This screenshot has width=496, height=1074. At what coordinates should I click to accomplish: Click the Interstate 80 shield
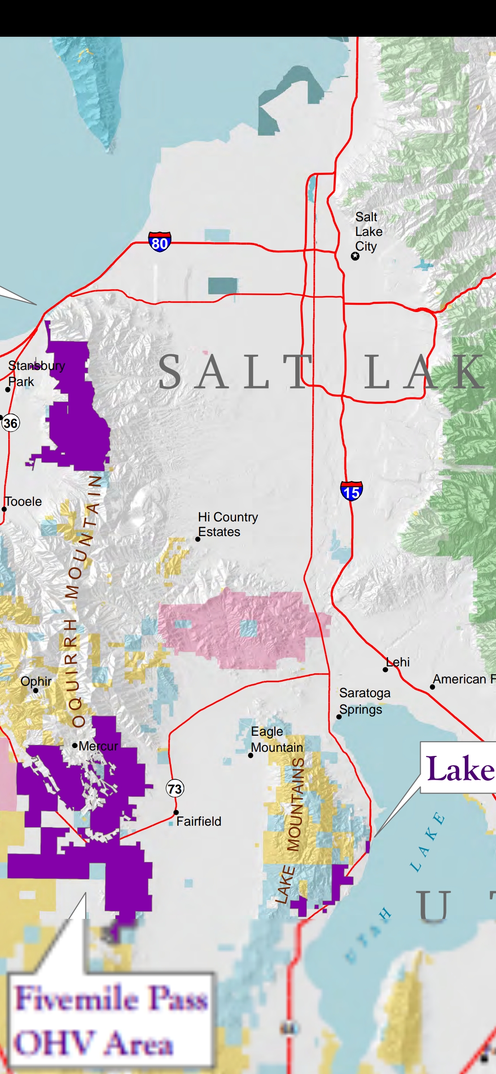(159, 242)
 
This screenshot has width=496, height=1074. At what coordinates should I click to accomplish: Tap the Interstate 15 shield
(351, 491)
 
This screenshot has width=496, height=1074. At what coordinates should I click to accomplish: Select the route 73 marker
(175, 789)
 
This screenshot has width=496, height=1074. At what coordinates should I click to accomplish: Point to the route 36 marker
(10, 423)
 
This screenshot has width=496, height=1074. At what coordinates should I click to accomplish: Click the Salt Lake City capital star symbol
(355, 256)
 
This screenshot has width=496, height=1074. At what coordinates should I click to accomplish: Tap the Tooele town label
(23, 502)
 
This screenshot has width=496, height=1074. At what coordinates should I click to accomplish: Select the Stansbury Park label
(36, 374)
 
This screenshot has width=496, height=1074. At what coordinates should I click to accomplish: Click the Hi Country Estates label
(228, 524)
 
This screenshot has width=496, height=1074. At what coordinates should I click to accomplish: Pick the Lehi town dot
(385, 670)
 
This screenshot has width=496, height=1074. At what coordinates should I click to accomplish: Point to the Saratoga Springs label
(365, 701)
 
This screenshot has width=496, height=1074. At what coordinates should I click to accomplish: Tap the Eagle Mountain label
(276, 739)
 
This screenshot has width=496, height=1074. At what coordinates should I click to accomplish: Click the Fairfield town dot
(176, 812)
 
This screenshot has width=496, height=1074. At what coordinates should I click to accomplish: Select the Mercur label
(98, 746)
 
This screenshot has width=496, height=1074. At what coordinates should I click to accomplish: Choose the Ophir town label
(36, 681)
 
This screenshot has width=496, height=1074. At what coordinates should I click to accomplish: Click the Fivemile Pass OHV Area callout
(111, 1021)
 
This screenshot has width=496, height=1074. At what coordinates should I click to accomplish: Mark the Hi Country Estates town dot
(198, 539)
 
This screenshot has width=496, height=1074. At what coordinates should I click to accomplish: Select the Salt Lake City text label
(368, 232)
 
